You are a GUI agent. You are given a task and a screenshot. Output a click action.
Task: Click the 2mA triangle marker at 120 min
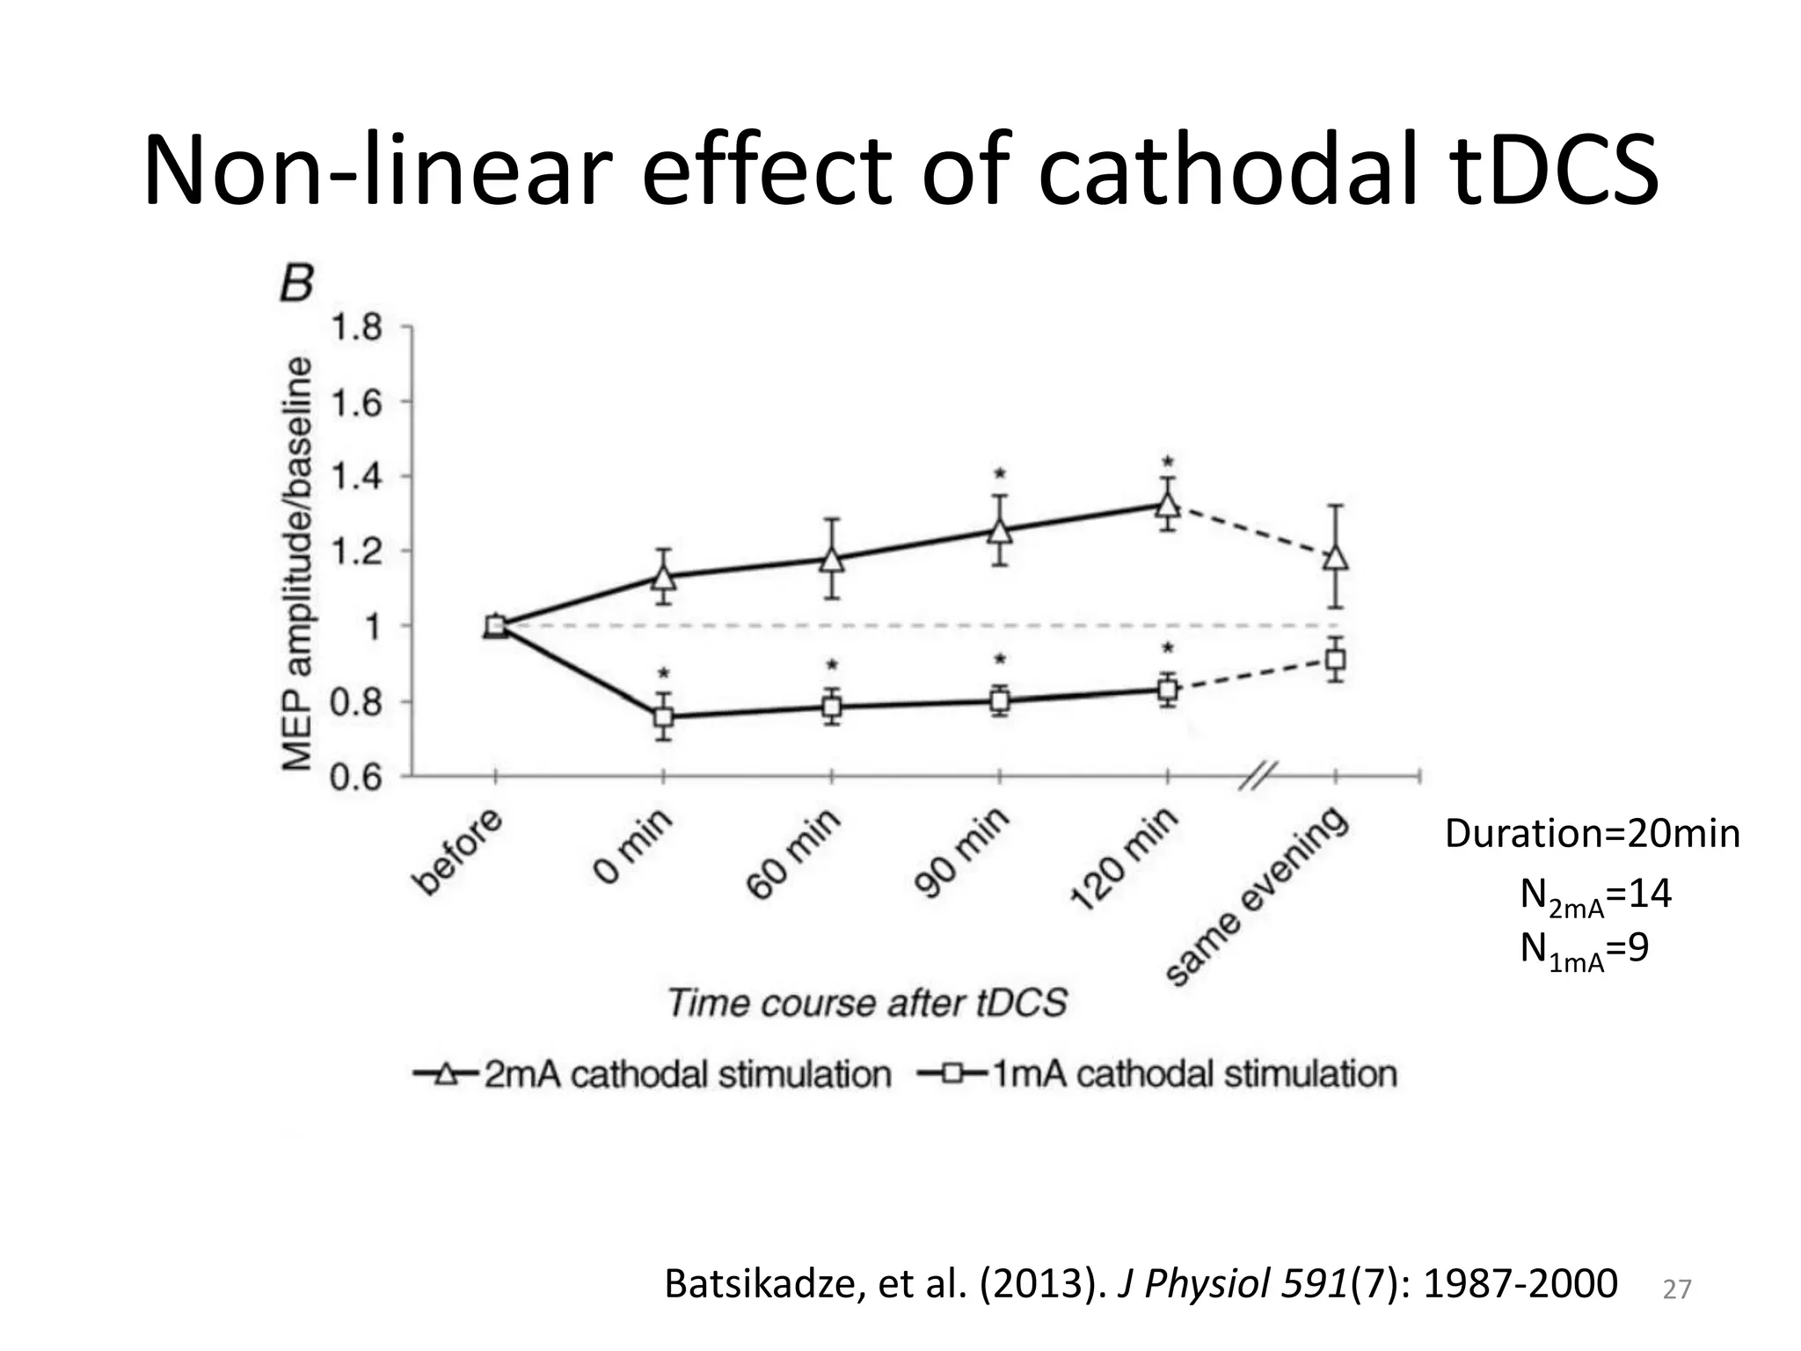[x=1167, y=505]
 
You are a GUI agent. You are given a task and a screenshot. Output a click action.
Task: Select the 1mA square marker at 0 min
[x=664, y=717]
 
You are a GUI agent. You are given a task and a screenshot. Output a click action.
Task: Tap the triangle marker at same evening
[x=1336, y=559]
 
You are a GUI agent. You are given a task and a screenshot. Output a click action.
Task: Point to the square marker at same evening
[x=1336, y=660]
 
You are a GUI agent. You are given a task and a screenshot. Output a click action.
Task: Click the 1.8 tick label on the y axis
[x=356, y=328]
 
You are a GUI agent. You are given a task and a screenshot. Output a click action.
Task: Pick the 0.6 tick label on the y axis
[x=356, y=778]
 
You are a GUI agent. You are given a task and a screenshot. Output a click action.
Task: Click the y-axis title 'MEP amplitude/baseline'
[x=298, y=563]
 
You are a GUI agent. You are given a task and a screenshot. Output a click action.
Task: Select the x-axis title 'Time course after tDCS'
[x=867, y=1003]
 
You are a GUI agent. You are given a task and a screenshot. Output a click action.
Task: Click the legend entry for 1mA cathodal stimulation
[x=1157, y=1074]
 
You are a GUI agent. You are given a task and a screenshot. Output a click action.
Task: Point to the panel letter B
[x=296, y=283]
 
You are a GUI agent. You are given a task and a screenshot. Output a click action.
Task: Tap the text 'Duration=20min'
[x=1592, y=833]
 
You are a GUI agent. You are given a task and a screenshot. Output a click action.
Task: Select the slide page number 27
[x=1677, y=1289]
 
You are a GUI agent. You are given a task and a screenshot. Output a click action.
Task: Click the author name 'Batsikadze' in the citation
[x=764, y=1284]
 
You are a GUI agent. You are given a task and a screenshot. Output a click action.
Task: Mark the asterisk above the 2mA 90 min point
[x=1000, y=475]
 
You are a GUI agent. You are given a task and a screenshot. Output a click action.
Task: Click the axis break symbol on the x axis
[x=1258, y=776]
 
